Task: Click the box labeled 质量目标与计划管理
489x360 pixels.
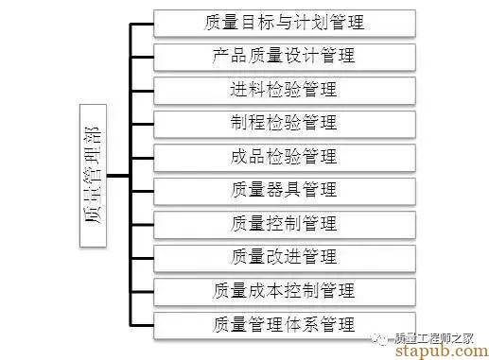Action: pos(284,22)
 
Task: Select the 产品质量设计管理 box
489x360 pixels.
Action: pos(284,56)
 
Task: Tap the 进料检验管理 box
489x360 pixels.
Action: pos(284,90)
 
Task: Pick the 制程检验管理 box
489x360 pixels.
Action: pos(284,123)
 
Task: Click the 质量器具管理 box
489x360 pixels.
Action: pos(284,190)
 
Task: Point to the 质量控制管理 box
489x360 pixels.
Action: pos(284,224)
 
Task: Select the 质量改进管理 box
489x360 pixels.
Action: pos(284,257)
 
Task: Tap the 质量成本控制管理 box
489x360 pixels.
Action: pos(284,291)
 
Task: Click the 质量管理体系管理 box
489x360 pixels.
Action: pos(284,325)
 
